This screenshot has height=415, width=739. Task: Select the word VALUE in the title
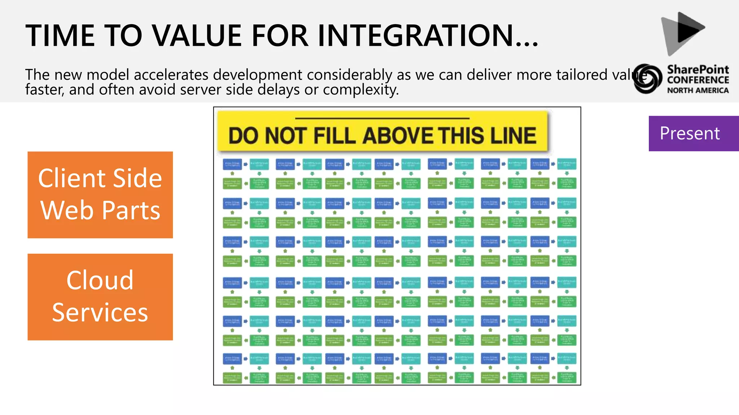(197, 36)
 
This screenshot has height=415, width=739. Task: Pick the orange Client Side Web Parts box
(100, 195)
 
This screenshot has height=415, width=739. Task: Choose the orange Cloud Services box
(100, 297)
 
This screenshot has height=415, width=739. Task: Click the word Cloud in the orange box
(100, 280)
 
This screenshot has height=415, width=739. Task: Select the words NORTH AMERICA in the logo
(698, 90)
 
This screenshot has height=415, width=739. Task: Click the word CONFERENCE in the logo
(698, 80)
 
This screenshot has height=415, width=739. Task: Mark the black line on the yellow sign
(382, 118)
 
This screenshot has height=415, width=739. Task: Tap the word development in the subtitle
(258, 75)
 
